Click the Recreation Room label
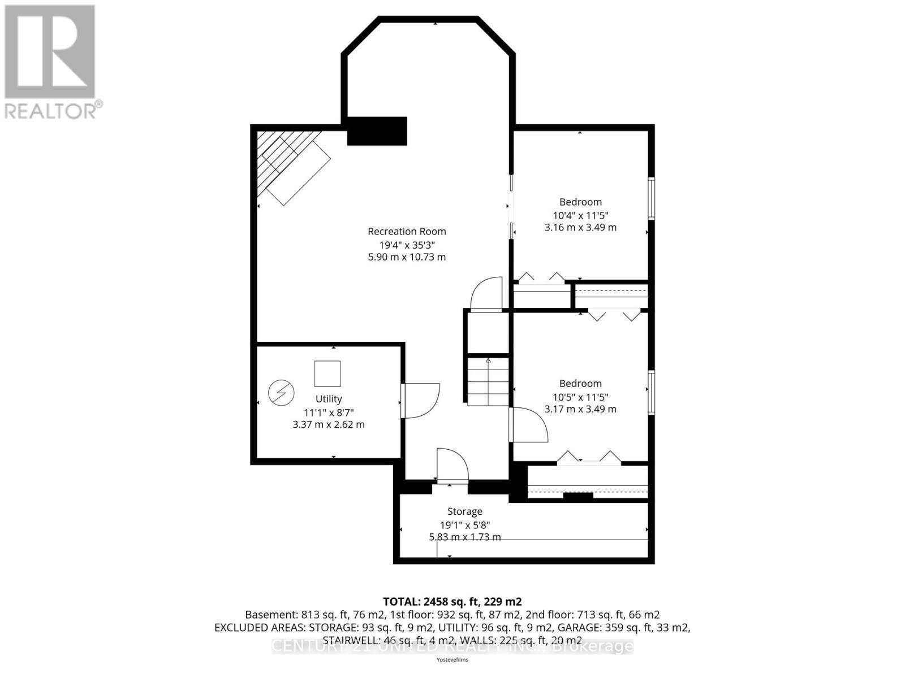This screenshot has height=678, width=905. click(x=407, y=231)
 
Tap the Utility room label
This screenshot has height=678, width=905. click(x=329, y=399)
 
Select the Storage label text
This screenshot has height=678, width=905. click(x=464, y=511)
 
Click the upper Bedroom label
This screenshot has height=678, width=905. click(x=580, y=202)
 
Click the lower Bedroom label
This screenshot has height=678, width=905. click(x=580, y=383)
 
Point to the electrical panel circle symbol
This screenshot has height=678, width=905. click(x=281, y=393)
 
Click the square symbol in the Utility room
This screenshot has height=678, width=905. click(x=327, y=373)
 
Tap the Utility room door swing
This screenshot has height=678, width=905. click(x=421, y=401)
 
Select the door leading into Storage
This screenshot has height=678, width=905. click(x=453, y=466)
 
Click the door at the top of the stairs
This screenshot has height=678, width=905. click(x=486, y=294)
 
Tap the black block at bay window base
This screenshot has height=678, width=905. click(x=377, y=131)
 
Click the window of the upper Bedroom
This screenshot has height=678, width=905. click(x=651, y=198)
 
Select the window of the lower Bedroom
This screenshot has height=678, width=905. click(x=651, y=393)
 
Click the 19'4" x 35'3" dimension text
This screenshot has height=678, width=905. click(x=407, y=245)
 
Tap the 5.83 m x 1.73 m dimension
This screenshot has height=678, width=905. click(x=464, y=537)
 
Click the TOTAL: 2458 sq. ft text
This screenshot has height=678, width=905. click(x=452, y=601)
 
